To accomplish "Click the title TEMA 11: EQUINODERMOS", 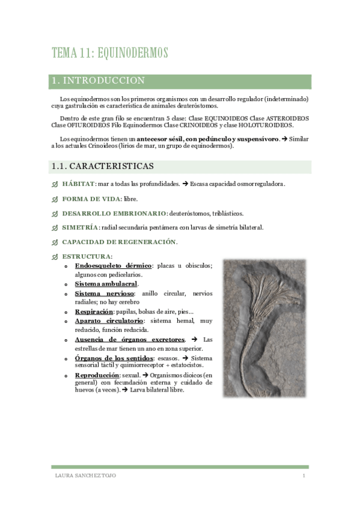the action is (109, 53).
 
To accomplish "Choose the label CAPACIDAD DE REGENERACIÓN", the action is (119, 242).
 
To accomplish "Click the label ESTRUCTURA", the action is (87, 257).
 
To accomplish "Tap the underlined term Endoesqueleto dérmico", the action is (113, 266).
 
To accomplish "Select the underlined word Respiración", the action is (94, 312).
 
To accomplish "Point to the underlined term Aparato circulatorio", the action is (109, 321).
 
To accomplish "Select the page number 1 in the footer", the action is (304, 476).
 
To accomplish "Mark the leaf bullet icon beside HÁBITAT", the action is (55, 184).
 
